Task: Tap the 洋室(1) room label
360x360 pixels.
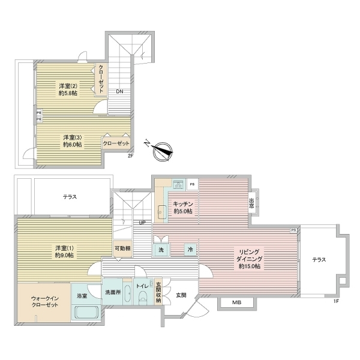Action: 64,251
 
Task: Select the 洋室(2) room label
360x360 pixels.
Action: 68,89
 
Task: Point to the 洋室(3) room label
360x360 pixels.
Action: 73,141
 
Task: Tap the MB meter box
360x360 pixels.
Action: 237,302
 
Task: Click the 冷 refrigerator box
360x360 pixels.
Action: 190,250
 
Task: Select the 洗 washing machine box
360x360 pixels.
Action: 161,250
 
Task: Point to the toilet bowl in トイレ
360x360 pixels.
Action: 143,296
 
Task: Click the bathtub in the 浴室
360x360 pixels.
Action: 86,313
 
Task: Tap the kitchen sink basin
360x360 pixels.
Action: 162,212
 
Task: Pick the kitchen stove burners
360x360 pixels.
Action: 178,184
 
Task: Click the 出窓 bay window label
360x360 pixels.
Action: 251,203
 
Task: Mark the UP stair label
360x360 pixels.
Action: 142,223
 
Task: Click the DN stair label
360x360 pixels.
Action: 119,92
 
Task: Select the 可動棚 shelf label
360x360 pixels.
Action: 122,248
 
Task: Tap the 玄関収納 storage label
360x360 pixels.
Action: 158,292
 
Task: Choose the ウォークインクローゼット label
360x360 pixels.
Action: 45,302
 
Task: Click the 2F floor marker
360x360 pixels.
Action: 130,156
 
